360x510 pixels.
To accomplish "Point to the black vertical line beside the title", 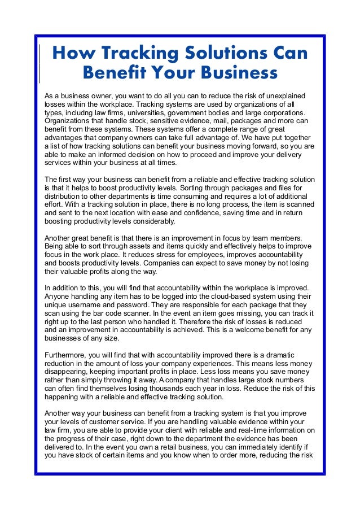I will click(39, 64).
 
